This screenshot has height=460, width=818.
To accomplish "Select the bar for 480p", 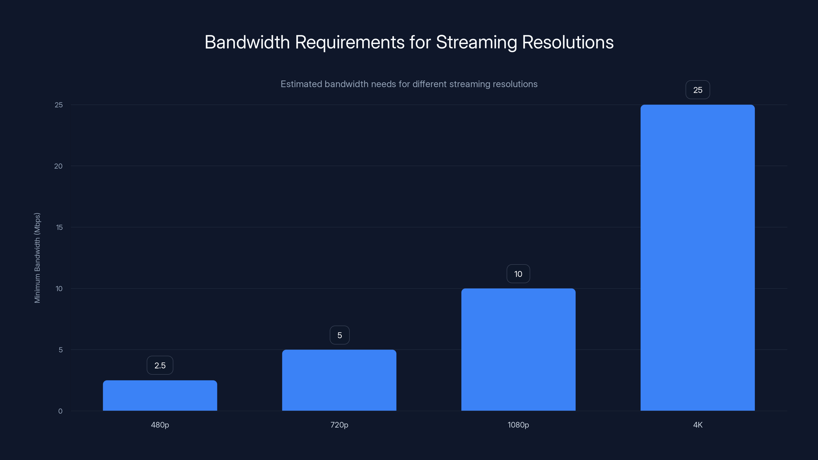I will pyautogui.click(x=160, y=395).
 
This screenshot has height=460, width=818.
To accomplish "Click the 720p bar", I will pyautogui.click(x=339, y=380).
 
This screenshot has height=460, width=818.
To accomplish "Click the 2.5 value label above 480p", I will pyautogui.click(x=160, y=365).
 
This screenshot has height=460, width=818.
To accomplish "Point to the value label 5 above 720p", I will pyautogui.click(x=339, y=335).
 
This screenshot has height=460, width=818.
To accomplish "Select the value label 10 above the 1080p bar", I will pyautogui.click(x=518, y=274).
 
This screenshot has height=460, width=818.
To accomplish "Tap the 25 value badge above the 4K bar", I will pyautogui.click(x=698, y=90).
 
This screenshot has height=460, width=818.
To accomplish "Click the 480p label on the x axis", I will pyautogui.click(x=160, y=425).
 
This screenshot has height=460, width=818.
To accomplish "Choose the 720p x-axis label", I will pyautogui.click(x=339, y=425).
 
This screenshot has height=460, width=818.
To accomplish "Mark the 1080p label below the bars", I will pyautogui.click(x=518, y=425).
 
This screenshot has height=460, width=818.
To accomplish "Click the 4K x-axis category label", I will pyautogui.click(x=698, y=425).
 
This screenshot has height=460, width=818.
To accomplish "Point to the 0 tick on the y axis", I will pyautogui.click(x=60, y=411).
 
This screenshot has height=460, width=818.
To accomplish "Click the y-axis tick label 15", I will pyautogui.click(x=59, y=227).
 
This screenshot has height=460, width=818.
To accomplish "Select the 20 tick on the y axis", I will pyautogui.click(x=59, y=166).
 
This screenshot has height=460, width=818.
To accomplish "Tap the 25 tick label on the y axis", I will pyautogui.click(x=59, y=105).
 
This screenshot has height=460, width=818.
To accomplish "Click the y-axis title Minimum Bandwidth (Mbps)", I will pyautogui.click(x=37, y=258).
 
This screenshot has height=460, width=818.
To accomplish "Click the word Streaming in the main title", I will pyautogui.click(x=476, y=42).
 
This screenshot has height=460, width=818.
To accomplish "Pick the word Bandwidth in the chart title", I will pyautogui.click(x=247, y=42).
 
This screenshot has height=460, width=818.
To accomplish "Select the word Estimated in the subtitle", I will pyautogui.click(x=301, y=84).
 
